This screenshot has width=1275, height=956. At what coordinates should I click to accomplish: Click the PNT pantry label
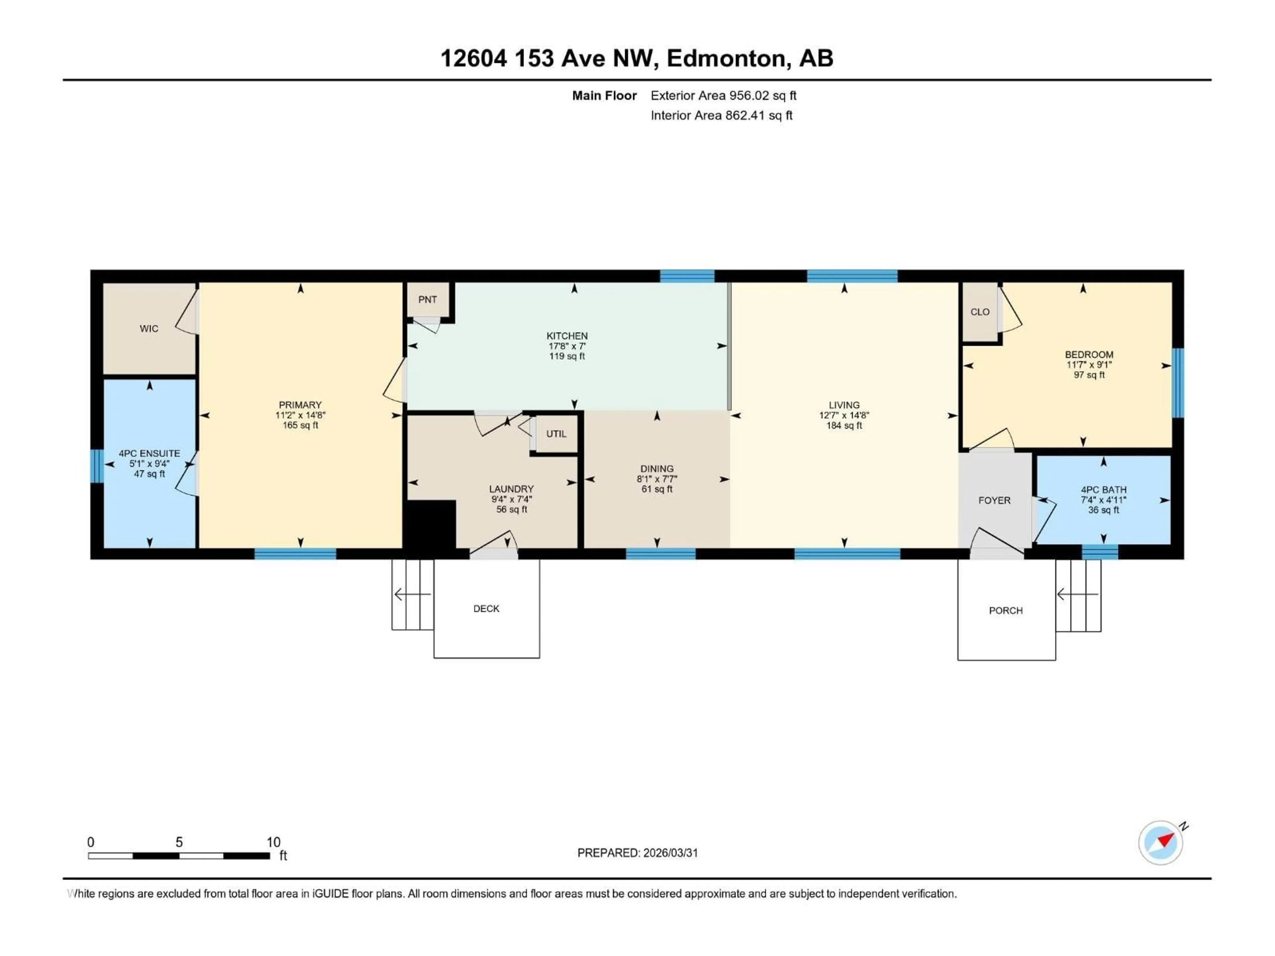pos(427,300)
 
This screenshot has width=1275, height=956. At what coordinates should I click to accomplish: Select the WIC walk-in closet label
pos(149,329)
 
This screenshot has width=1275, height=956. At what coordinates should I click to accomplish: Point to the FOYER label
pos(994,500)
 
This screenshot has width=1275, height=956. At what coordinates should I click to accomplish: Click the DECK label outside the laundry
pos(486,608)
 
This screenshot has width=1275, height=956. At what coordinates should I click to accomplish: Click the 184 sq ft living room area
pos(844,425)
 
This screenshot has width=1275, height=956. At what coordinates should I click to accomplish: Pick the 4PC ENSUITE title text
pos(149,453)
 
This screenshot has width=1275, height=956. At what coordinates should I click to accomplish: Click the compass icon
pos(1160,842)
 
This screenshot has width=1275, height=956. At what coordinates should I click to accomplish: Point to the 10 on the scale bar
pos(273,842)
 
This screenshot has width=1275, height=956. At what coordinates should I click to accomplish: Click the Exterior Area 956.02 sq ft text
pos(723,96)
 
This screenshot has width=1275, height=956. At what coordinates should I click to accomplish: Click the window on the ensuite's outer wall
pos(97,466)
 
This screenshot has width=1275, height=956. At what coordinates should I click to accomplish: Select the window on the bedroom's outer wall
pos(1178,383)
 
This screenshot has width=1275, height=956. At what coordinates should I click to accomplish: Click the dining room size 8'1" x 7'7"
pos(656,479)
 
